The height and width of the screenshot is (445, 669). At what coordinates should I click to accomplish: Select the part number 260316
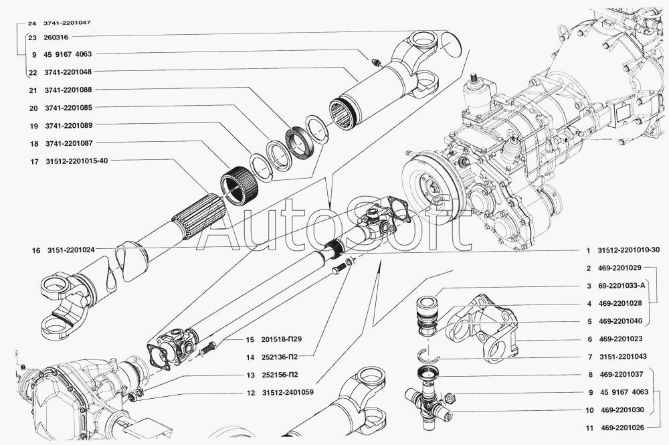[x=56, y=37]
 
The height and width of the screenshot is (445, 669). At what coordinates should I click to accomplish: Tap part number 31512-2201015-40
[x=76, y=161]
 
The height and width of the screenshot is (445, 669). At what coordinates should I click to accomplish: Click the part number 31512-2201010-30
[x=631, y=250]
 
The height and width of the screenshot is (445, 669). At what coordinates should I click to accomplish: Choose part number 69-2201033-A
[x=622, y=286]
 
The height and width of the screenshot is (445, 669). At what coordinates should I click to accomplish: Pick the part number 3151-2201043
[x=623, y=356]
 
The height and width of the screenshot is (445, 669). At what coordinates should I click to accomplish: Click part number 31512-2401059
[x=288, y=393]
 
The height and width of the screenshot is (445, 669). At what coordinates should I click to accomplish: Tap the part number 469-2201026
[x=623, y=427]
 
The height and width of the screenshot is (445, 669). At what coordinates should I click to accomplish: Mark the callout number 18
[x=34, y=144]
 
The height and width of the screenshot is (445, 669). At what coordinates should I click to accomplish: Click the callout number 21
[x=33, y=90]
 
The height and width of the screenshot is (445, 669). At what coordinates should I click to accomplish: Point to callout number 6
[x=590, y=339]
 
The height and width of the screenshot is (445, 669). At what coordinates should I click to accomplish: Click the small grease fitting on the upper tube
[x=375, y=63]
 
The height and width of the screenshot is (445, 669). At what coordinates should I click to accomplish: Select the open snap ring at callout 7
[x=428, y=354]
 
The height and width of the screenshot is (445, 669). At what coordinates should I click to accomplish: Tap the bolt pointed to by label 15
[x=207, y=347]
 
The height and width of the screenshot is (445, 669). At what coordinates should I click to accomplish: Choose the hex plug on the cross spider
[x=450, y=399]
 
